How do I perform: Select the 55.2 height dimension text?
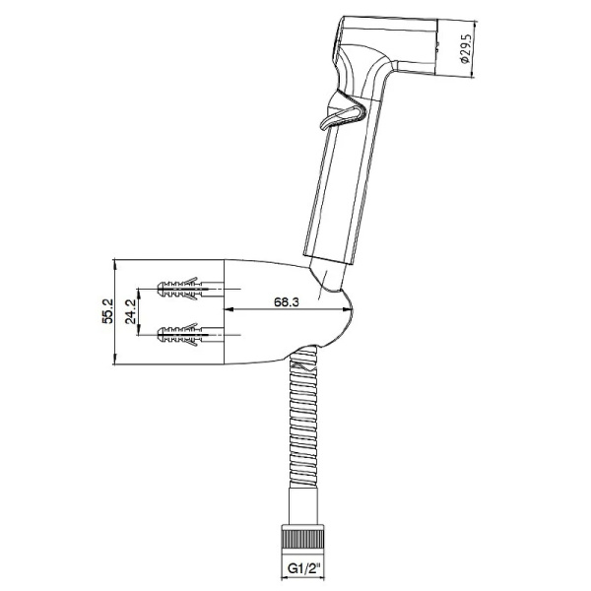(107, 311)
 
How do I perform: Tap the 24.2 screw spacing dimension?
(130, 311)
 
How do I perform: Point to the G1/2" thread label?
(303, 567)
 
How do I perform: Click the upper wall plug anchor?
(182, 288)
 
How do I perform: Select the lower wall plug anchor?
(182, 334)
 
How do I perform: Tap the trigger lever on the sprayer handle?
(342, 114)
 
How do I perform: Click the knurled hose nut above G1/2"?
(303, 538)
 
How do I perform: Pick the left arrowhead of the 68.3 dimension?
(229, 309)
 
